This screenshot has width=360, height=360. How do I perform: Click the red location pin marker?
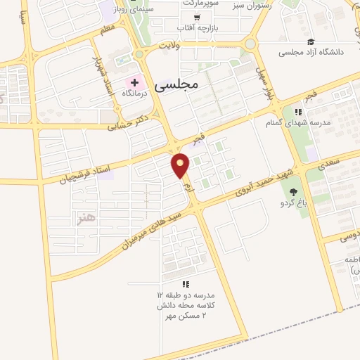181,166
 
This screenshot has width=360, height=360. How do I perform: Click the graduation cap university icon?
311,42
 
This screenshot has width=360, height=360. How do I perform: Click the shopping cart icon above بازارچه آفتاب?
195,17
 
